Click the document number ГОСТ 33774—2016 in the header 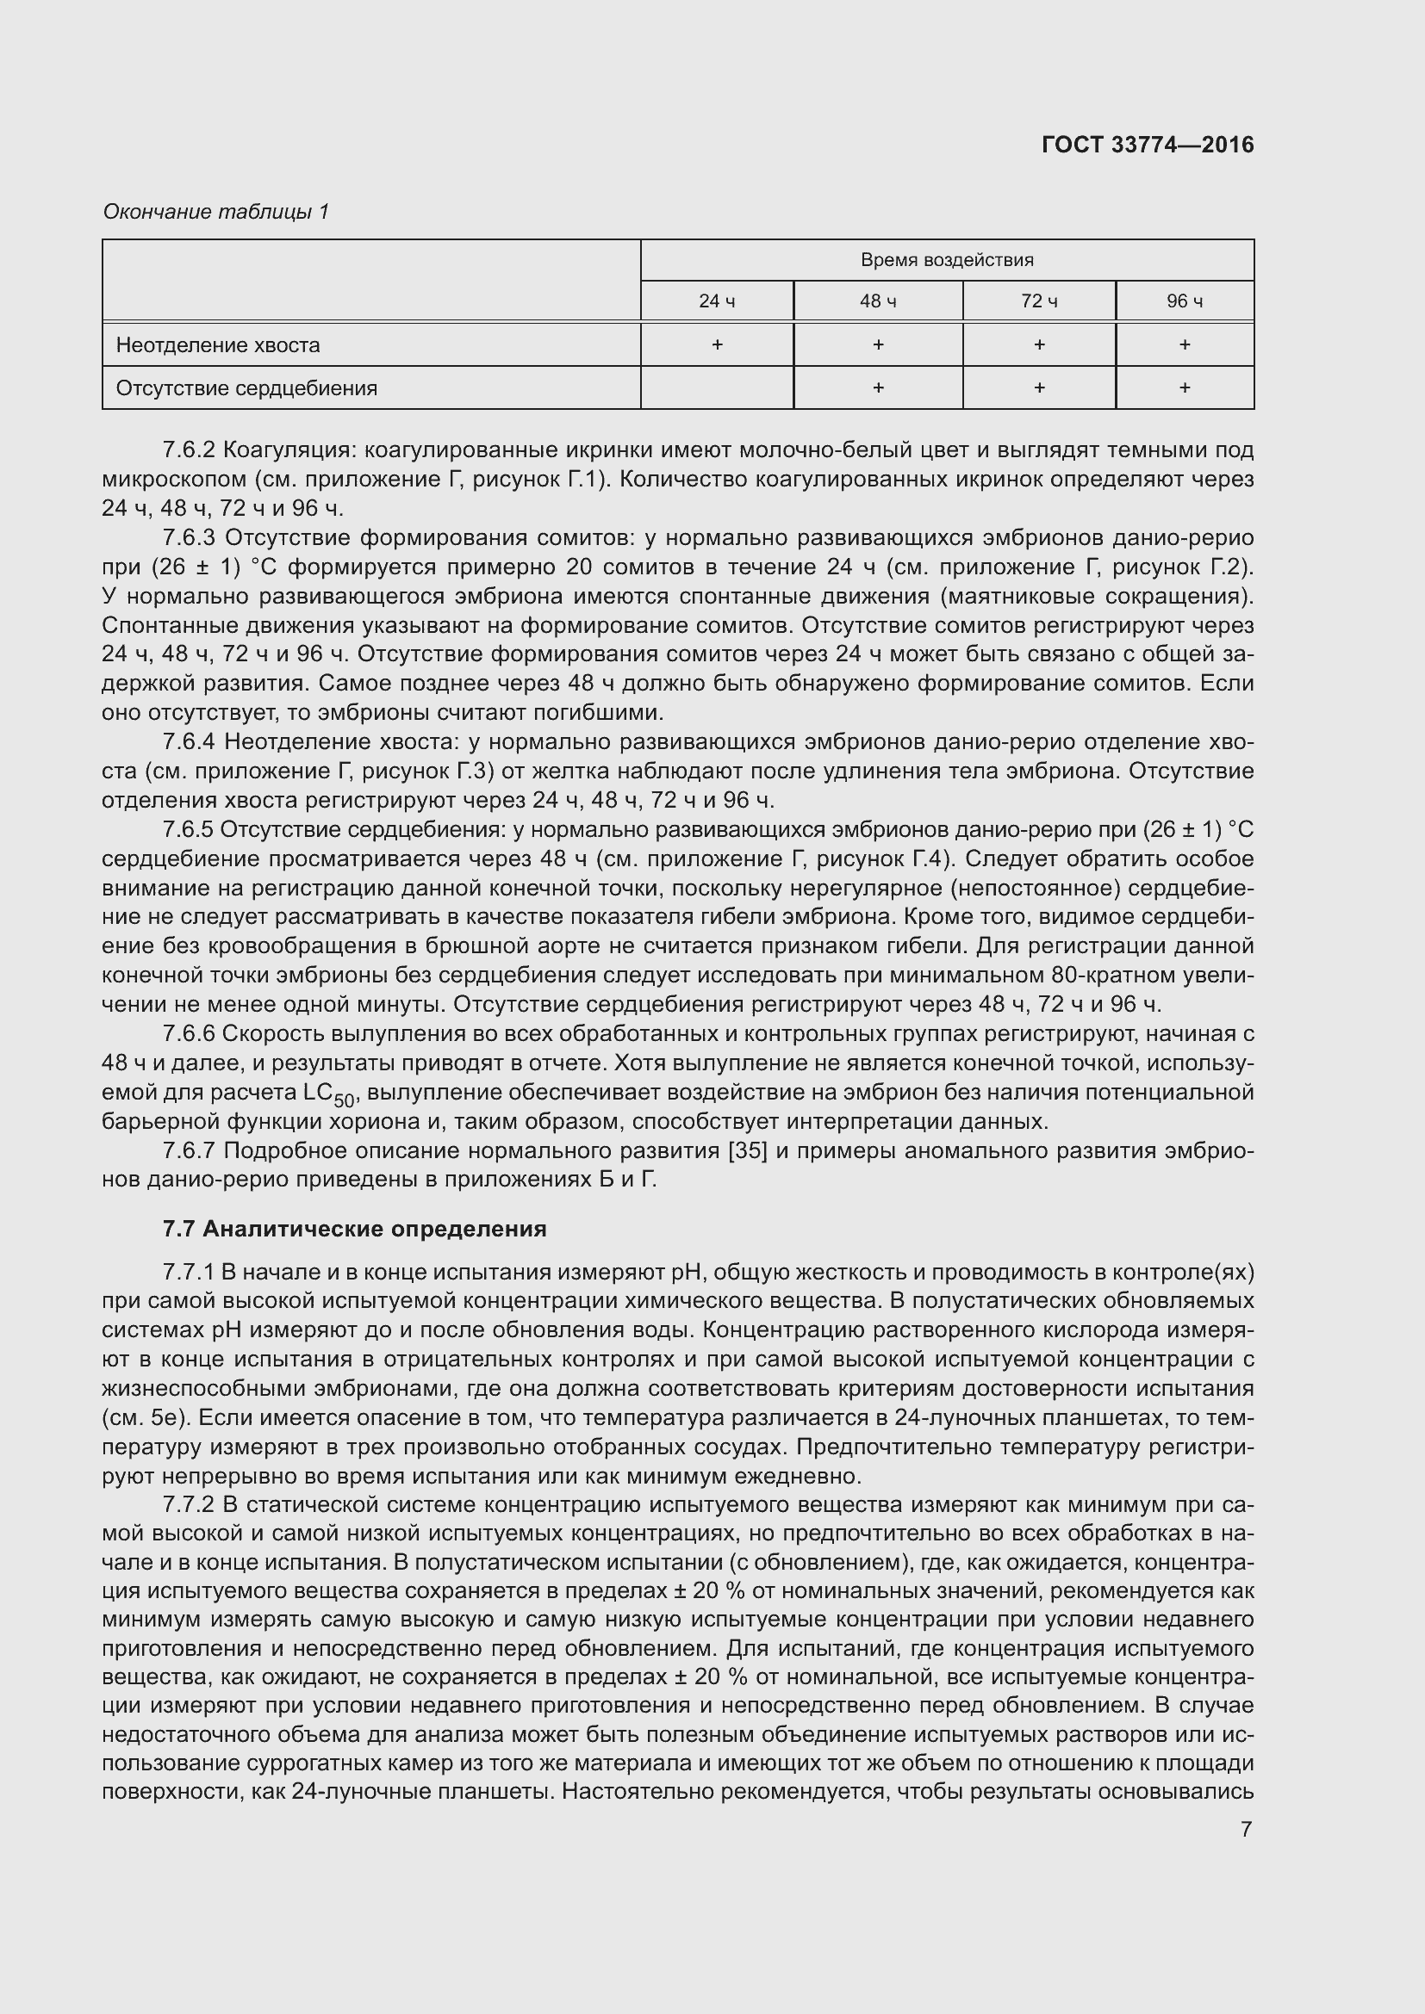point(1147,145)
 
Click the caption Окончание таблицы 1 point(216,212)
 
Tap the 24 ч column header point(716,301)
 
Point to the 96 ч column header point(1184,301)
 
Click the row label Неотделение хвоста point(218,344)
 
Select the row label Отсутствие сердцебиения point(246,387)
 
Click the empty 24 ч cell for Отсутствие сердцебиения point(716,387)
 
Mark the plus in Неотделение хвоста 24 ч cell point(716,344)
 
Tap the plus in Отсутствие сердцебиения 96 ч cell point(1184,387)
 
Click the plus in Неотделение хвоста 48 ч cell point(877,344)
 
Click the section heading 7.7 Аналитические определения point(353,1229)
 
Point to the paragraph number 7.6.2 point(189,451)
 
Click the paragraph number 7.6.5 point(189,830)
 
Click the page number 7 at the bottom point(1245,1830)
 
